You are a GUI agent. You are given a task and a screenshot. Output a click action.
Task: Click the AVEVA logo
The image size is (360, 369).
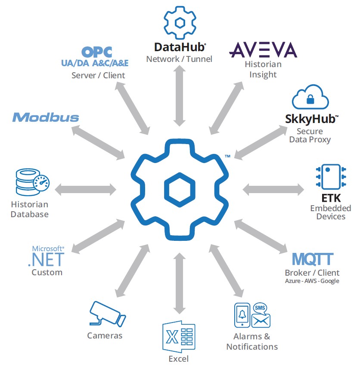[x=263, y=49]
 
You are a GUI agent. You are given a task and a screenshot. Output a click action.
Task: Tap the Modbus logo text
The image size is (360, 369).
[x=46, y=117]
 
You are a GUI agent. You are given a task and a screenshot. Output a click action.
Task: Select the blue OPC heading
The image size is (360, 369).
[x=97, y=52]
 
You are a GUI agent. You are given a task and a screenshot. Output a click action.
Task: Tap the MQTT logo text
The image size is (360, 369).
[x=312, y=259]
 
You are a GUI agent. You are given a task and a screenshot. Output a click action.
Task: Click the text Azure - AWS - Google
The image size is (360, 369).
[x=312, y=281]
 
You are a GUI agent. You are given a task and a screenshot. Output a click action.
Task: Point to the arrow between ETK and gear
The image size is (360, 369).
[x=274, y=188]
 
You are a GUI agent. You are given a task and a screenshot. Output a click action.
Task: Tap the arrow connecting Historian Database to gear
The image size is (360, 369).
[x=86, y=188]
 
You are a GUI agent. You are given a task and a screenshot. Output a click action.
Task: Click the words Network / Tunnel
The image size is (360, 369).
[x=179, y=59]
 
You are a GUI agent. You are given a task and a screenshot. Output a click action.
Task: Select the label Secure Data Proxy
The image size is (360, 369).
[x=309, y=135]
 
